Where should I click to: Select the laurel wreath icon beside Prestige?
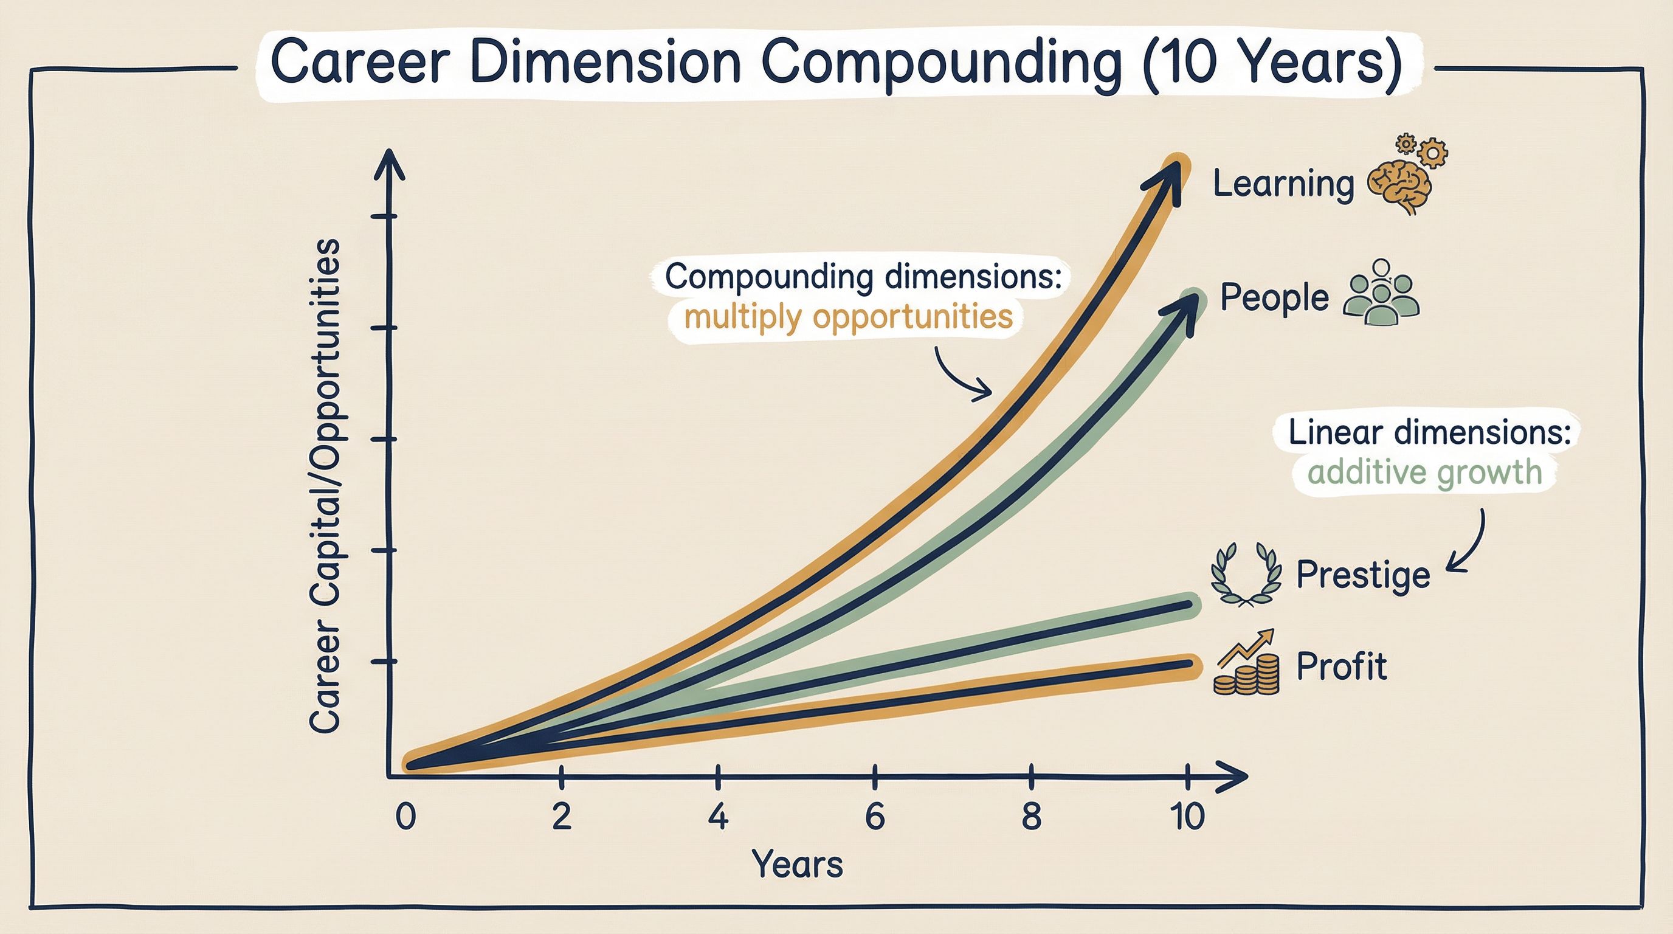1246,575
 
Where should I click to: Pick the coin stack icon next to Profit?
1246,666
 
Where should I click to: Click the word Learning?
1283,184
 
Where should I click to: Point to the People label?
1274,298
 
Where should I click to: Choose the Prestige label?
1362,575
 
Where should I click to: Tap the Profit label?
1341,666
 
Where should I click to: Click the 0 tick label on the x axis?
405,817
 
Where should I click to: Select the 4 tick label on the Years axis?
717,817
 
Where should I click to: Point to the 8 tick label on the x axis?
1031,817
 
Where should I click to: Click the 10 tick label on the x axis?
1188,817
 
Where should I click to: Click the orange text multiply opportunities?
848,317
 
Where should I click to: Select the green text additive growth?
1424,472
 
